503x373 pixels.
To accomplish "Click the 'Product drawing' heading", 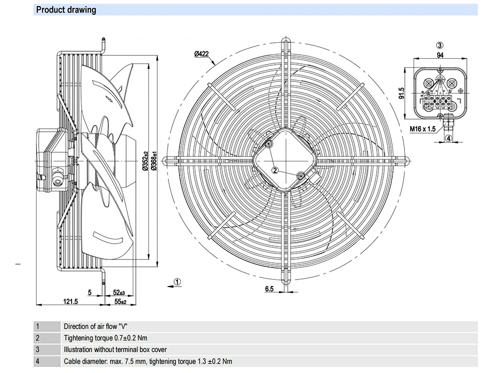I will tap(66, 10).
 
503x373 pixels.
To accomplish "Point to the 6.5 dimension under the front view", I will tap(269, 289).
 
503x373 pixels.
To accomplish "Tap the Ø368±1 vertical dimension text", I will tap(154, 162).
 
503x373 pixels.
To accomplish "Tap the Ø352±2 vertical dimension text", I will tap(145, 162).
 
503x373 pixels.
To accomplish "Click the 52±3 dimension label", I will tap(119, 292).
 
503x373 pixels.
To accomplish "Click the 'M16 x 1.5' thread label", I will tap(422, 129).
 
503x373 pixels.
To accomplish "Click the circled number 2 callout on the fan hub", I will tap(275, 169).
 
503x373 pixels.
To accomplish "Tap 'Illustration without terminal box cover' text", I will tap(115, 349).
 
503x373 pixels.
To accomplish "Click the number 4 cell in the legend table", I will tap(37, 361).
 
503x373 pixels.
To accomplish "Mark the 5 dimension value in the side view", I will tap(90, 292).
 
